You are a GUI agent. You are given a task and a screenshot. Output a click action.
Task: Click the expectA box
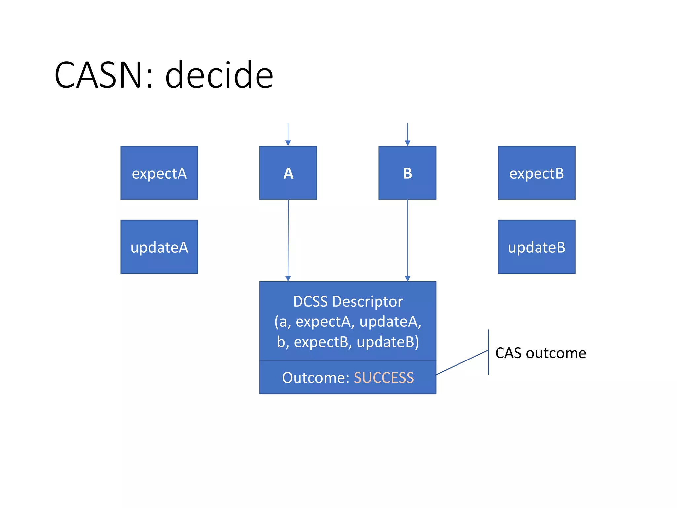tap(159, 173)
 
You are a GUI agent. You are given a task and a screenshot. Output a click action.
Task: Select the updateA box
tap(159, 247)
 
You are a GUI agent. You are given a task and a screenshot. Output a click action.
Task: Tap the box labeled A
tap(288, 173)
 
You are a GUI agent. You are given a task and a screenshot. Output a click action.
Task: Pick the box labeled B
tap(407, 173)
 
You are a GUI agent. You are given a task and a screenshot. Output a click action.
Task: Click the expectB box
tap(536, 173)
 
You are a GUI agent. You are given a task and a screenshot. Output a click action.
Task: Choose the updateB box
tap(536, 247)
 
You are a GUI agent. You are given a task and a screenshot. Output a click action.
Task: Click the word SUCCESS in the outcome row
tap(383, 378)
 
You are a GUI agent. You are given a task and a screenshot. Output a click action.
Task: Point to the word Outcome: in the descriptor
tap(316, 378)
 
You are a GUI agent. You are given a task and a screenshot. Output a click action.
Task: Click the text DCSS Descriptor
tap(348, 301)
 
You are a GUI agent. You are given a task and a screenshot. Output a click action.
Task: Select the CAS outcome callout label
tap(540, 353)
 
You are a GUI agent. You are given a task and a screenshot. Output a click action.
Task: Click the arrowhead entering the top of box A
tap(288, 143)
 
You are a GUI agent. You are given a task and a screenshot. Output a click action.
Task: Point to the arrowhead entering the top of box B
tap(407, 143)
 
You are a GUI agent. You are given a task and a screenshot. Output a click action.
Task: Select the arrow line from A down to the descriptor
tap(288, 238)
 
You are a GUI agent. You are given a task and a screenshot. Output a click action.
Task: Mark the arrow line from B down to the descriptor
tap(407, 238)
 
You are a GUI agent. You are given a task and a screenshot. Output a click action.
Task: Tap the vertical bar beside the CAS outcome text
tap(488, 352)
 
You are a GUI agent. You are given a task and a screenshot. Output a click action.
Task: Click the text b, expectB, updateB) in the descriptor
tap(348, 342)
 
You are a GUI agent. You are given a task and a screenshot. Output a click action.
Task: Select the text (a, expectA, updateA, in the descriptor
tap(348, 321)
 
